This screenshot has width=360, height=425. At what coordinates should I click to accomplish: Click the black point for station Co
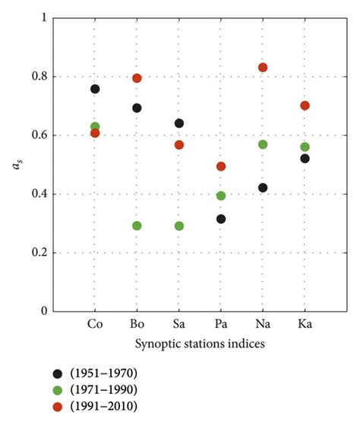95,89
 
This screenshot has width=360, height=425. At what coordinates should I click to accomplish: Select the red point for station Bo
137,78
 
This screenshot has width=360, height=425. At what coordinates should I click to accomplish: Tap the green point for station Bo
137,225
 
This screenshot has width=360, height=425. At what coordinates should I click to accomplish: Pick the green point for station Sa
179,225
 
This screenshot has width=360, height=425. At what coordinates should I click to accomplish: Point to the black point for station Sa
179,123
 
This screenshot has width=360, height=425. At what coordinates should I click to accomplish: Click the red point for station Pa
221,166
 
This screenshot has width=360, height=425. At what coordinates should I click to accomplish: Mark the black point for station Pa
221,219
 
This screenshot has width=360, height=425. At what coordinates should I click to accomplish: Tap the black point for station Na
263,187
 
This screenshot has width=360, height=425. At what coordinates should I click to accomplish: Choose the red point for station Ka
305,105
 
